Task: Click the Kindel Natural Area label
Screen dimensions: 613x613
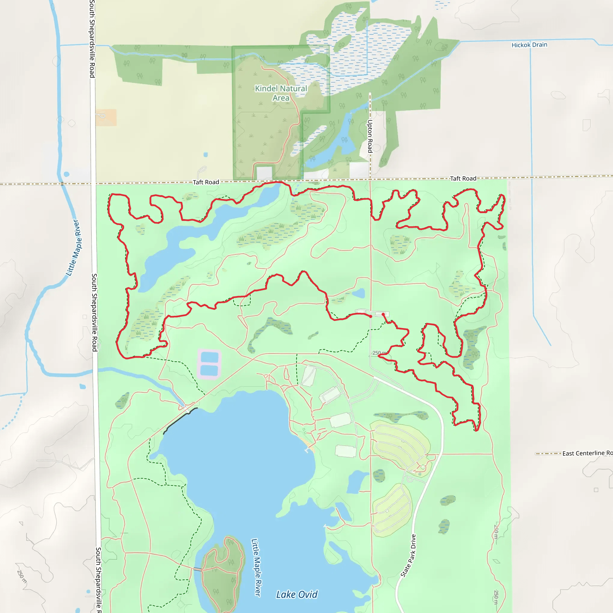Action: click(281, 93)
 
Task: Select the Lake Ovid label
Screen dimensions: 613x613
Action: click(296, 594)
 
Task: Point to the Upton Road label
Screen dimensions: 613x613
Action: click(370, 136)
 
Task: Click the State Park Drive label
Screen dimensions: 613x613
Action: click(408, 556)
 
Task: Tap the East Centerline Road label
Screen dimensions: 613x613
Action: click(587, 453)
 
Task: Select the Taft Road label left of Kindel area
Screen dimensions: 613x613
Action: click(206, 182)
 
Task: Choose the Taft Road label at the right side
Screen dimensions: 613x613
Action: click(463, 179)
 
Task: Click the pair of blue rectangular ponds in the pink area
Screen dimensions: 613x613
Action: click(210, 364)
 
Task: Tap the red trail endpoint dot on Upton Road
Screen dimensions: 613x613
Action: click(371, 316)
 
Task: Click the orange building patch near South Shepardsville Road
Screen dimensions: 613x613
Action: click(106, 117)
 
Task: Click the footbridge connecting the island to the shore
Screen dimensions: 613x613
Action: click(197, 569)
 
